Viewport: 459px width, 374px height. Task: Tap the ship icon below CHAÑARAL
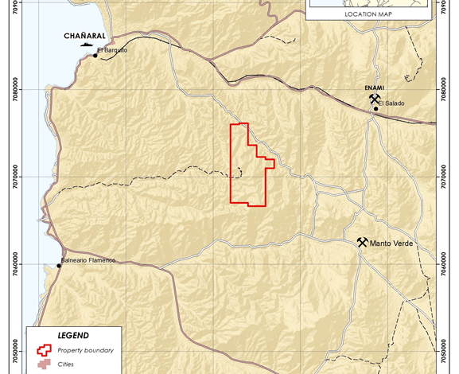pyautogui.click(x=86, y=45)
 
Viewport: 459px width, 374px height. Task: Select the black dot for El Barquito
pyautogui.click(x=95, y=56)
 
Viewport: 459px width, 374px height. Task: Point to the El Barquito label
pyautogui.click(x=112, y=50)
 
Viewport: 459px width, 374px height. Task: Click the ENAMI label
pyautogui.click(x=374, y=90)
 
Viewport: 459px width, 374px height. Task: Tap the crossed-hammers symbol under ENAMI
pyautogui.click(x=374, y=99)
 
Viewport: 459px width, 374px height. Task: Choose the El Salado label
pyautogui.click(x=392, y=103)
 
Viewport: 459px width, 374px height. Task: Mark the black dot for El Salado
pyautogui.click(x=376, y=109)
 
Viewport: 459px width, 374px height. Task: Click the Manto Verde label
pyautogui.click(x=391, y=243)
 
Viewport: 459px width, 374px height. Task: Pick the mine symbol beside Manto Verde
pyautogui.click(x=362, y=242)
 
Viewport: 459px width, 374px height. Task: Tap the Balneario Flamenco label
pyautogui.click(x=89, y=260)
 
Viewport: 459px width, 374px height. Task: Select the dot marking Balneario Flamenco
pyautogui.click(x=58, y=266)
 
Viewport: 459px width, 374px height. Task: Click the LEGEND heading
pyautogui.click(x=73, y=336)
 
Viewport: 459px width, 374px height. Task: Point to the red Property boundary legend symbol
pyautogui.click(x=45, y=350)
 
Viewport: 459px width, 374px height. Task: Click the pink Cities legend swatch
pyautogui.click(x=45, y=365)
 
